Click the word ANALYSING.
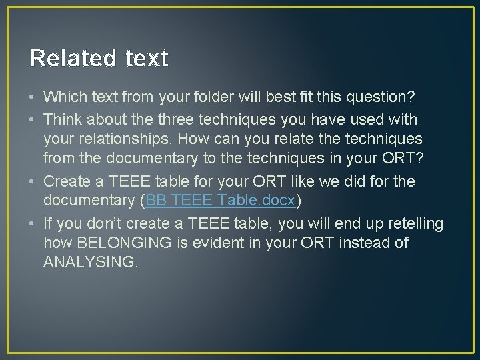91,263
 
